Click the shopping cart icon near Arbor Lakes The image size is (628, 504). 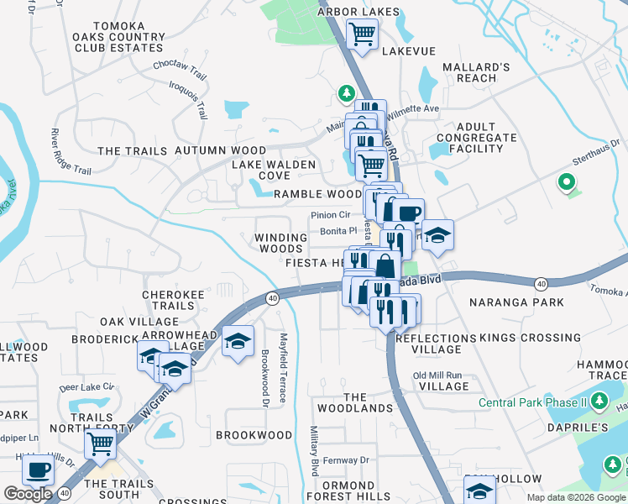tap(362, 35)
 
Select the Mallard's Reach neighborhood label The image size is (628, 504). tap(476, 72)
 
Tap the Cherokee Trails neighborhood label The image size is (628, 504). tap(168, 301)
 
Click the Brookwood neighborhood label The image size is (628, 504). tap(254, 435)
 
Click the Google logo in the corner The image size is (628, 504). tap(28, 494)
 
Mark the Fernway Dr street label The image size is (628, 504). tap(346, 460)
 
